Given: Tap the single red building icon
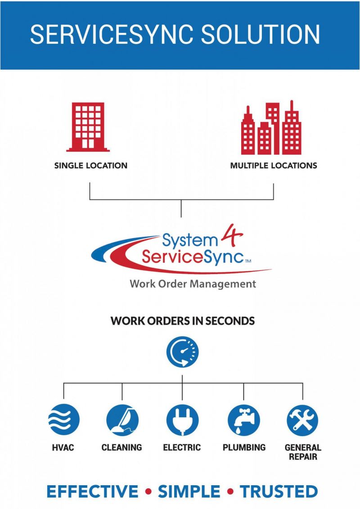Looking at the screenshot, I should click(x=88, y=127).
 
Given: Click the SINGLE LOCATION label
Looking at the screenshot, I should click(x=91, y=166).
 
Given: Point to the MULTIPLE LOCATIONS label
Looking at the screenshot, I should click(x=274, y=166).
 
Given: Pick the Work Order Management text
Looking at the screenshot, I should click(x=193, y=284).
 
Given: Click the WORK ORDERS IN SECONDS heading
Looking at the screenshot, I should click(x=183, y=321).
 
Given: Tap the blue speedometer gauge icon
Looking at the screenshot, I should click(x=182, y=351).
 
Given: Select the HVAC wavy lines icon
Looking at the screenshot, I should click(x=63, y=420).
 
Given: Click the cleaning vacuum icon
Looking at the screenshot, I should click(x=121, y=420).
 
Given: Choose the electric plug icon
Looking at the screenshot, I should click(x=182, y=420).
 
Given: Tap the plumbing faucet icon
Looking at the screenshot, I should click(x=243, y=420).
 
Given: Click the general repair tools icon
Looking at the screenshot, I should click(x=302, y=420).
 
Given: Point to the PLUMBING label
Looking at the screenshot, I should click(x=244, y=447).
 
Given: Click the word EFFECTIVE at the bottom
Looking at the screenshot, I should click(x=92, y=491).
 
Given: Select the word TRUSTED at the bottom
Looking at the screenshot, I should click(x=279, y=491).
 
